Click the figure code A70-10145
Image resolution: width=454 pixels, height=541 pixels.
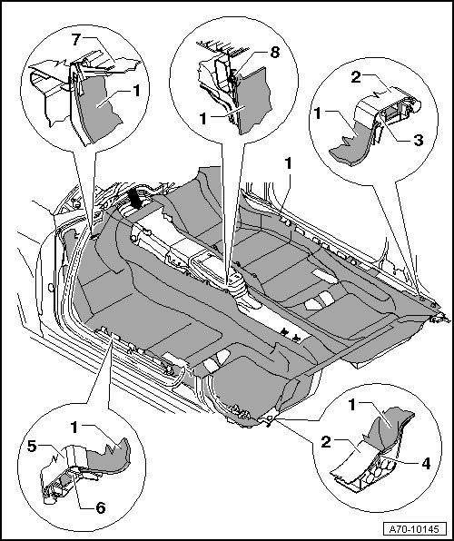coord(414,528)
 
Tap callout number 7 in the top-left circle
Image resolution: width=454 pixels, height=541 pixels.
coord(76,40)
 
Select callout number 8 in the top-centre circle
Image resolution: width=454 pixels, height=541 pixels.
coord(274,53)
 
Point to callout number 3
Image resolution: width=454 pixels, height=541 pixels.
coord(419,141)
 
